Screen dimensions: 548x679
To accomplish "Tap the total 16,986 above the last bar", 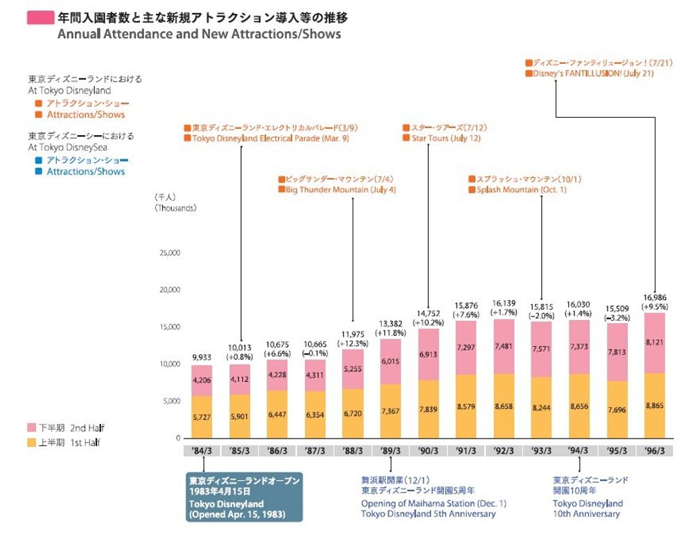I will point(655,297).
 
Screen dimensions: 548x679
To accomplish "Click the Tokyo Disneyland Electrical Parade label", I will point(275,139).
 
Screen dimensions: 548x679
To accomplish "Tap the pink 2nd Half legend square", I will point(32,428).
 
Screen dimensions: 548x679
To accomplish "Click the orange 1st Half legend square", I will point(32,443).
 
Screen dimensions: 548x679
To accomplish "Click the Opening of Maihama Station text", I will point(434,503).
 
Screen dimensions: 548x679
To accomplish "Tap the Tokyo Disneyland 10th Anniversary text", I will point(588,509).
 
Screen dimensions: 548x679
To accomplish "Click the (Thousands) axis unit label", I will point(176,208).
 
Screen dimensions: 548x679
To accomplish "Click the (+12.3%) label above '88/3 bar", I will point(353,343).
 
